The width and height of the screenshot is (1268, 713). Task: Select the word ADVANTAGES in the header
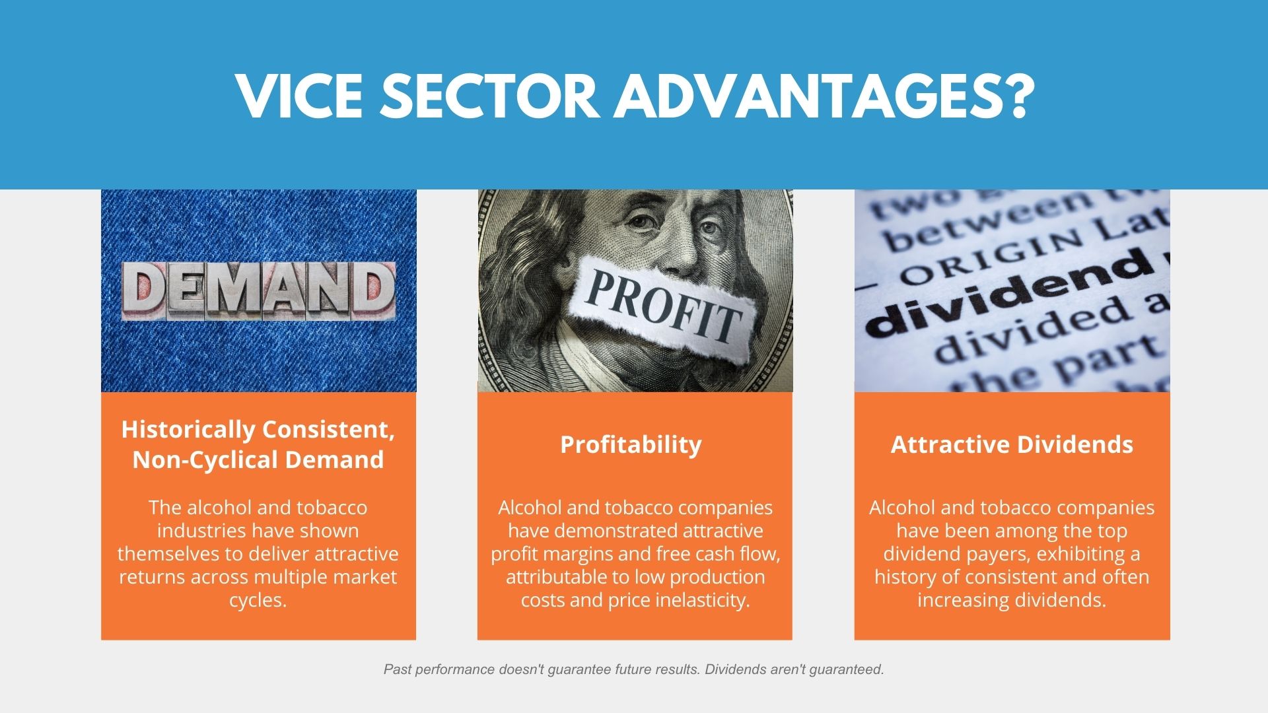click(x=801, y=96)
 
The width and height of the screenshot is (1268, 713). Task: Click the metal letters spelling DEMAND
click(x=258, y=291)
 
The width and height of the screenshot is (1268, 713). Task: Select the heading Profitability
click(x=631, y=445)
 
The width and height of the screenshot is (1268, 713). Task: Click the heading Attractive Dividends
click(x=1012, y=444)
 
